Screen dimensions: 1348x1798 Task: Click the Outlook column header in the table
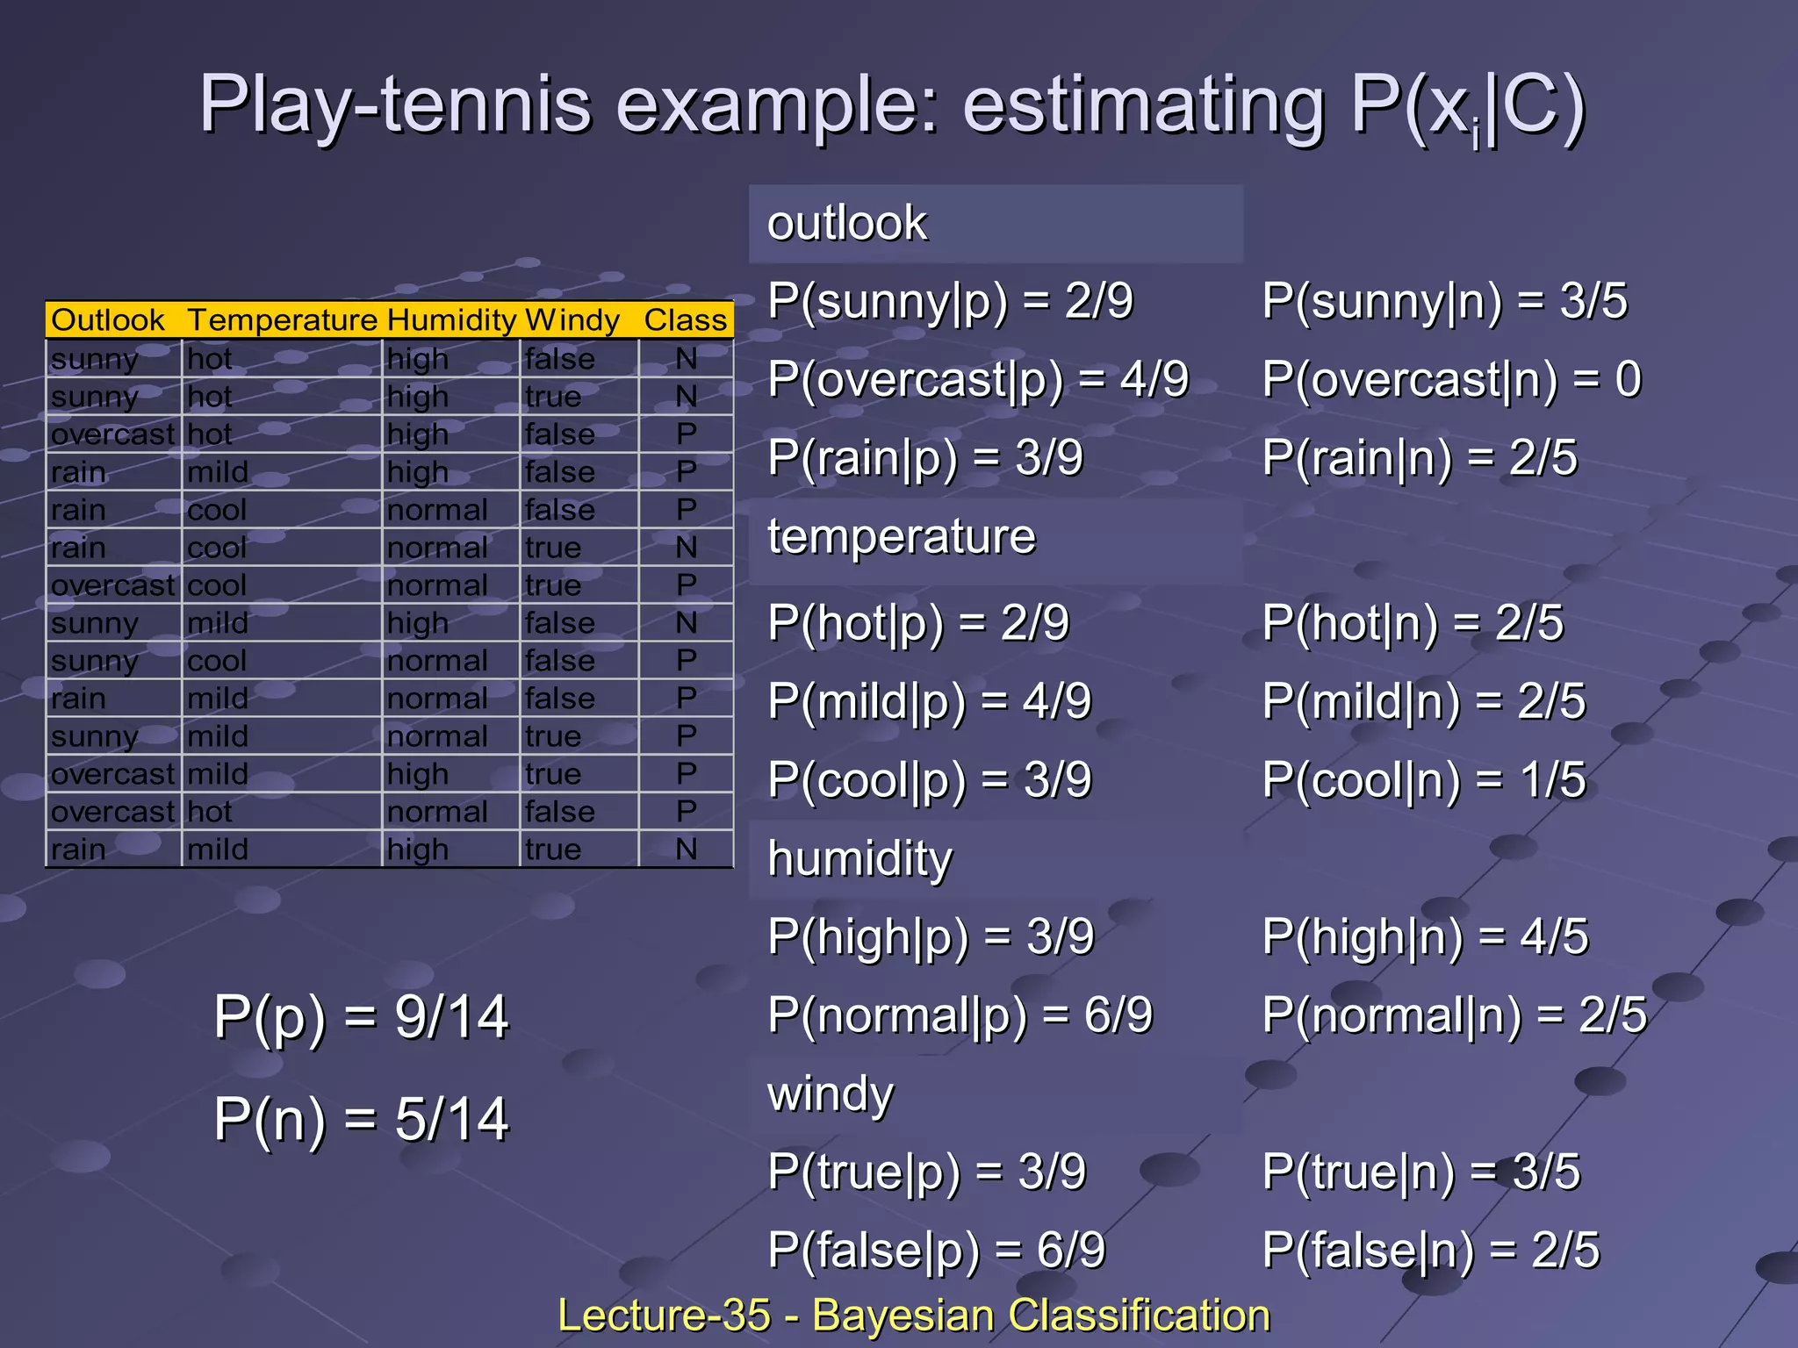coord(108,320)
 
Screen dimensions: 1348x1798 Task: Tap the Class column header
coord(685,320)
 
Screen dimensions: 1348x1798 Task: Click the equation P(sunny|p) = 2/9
coord(950,302)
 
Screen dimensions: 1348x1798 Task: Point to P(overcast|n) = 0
coord(1451,380)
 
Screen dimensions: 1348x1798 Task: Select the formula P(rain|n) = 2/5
coord(1420,458)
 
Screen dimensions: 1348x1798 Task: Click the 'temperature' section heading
coord(901,536)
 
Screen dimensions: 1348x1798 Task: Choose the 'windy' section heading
coord(830,1094)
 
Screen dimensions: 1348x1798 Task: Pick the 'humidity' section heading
coord(859,858)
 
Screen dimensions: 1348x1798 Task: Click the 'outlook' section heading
coord(846,223)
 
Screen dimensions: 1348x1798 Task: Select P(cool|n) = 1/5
coord(1424,780)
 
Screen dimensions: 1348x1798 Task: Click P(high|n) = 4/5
coord(1425,937)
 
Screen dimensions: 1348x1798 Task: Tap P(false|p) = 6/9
coord(936,1251)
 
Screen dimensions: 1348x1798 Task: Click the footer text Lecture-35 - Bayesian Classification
coord(914,1316)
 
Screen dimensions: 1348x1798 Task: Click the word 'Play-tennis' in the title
coord(395,105)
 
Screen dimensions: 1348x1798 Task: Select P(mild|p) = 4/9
coord(929,702)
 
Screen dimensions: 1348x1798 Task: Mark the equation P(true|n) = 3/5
coord(1420,1172)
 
